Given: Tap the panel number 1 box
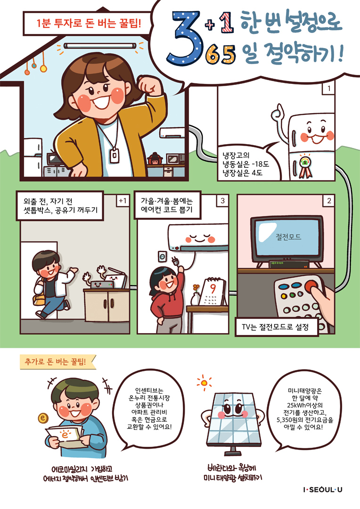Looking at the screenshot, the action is [328, 88].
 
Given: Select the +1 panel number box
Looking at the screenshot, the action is [123, 201].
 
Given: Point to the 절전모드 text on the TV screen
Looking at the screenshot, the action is [288, 237].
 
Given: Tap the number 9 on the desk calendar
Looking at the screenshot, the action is [213, 288].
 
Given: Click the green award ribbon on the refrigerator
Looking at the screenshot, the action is [305, 166].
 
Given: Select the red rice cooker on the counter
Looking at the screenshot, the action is [155, 159].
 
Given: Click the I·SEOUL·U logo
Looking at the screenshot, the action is [322, 490].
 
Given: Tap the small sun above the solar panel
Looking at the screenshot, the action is [204, 383].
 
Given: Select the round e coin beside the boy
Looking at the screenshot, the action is [43, 418].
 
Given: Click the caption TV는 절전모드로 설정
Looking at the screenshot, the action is [275, 327].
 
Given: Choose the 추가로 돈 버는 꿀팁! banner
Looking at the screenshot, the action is [56, 362].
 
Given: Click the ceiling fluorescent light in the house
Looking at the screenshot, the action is [99, 46].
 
